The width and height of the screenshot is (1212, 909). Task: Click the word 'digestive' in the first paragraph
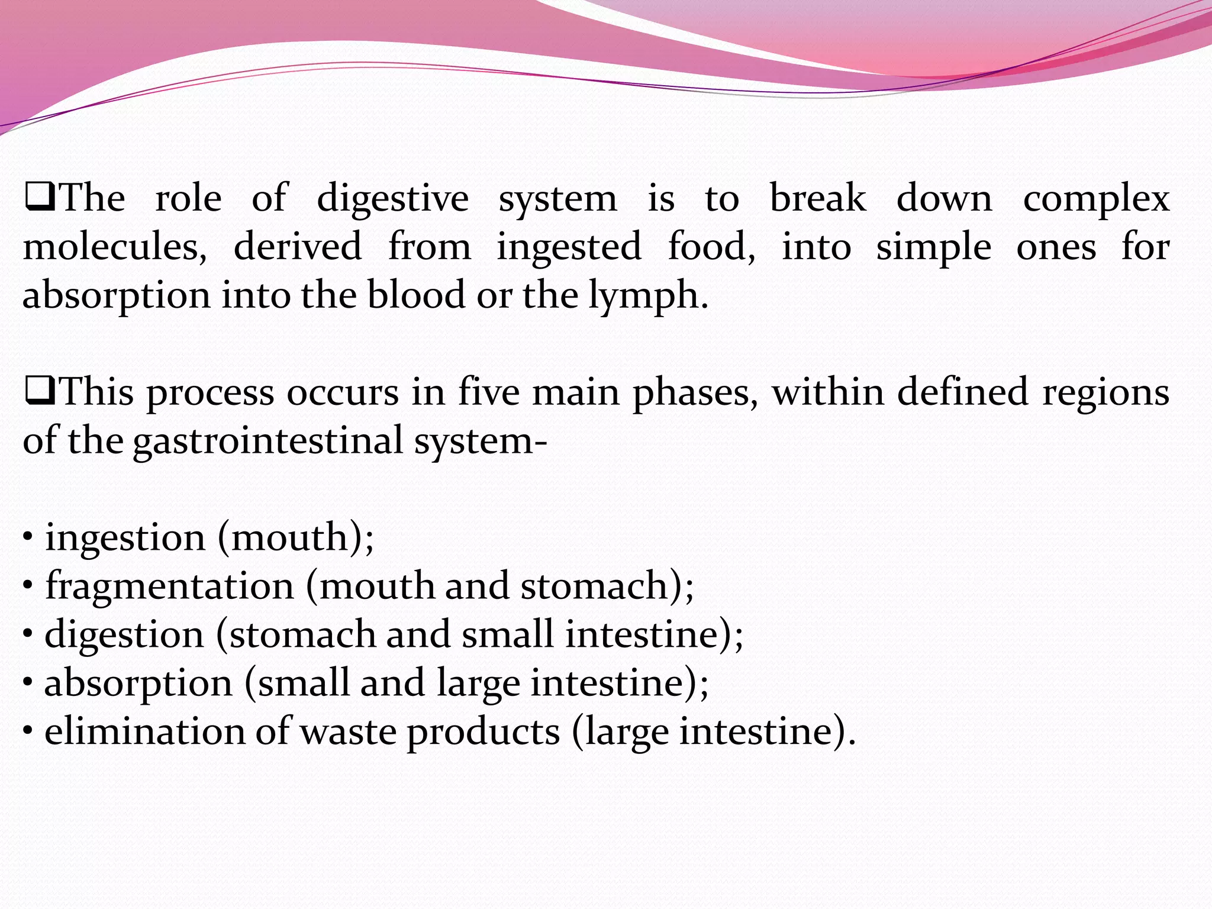pyautogui.click(x=392, y=199)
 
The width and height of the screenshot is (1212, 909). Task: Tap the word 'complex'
pyautogui.click(x=1096, y=200)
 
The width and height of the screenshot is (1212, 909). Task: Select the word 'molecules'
pyautogui.click(x=114, y=247)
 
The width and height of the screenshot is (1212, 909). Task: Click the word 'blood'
pyautogui.click(x=415, y=295)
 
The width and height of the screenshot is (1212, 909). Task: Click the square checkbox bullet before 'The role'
pyautogui.click(x=40, y=198)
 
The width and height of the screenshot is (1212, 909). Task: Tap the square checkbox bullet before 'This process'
pyautogui.click(x=40, y=392)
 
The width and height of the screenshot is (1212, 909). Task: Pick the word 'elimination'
pyautogui.click(x=144, y=731)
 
